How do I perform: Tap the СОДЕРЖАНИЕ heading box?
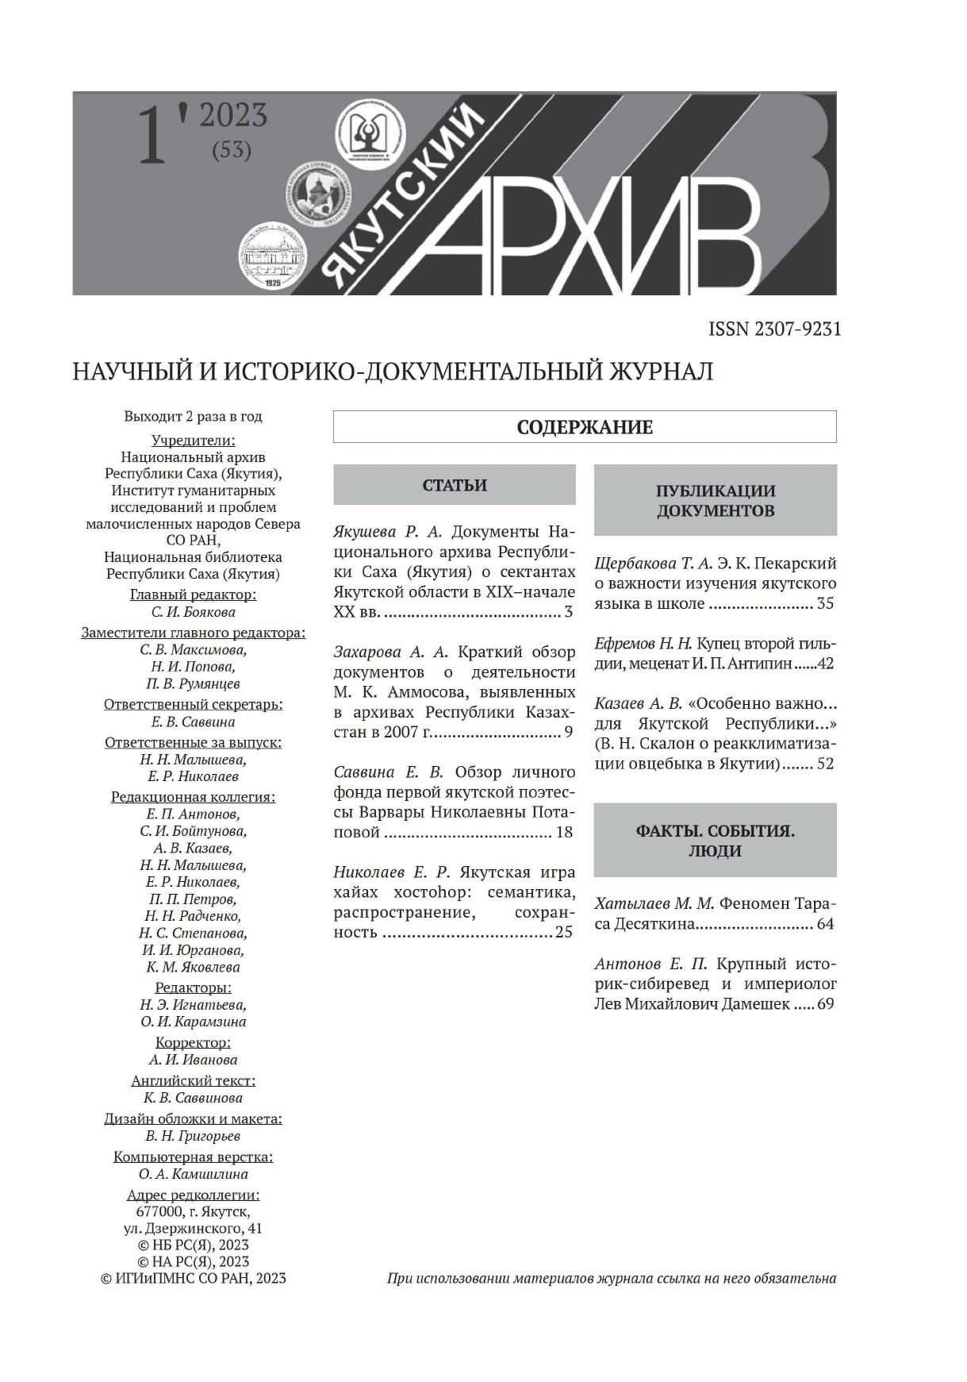(x=585, y=427)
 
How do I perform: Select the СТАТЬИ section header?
(x=455, y=485)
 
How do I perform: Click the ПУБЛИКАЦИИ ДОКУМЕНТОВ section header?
(x=715, y=500)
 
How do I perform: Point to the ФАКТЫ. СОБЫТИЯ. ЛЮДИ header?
(x=715, y=841)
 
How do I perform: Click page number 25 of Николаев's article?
(x=563, y=932)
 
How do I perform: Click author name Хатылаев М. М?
(x=654, y=903)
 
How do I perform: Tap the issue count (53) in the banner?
(x=232, y=150)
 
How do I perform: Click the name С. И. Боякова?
(x=193, y=612)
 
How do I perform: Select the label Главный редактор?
(x=193, y=595)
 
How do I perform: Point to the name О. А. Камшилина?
(x=193, y=1174)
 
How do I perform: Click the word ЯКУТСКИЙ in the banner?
(x=405, y=198)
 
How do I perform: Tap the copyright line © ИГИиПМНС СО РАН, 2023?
(x=193, y=1278)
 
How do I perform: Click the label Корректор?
(x=193, y=1042)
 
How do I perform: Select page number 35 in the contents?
(x=825, y=603)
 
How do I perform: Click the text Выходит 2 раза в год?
(x=193, y=417)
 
